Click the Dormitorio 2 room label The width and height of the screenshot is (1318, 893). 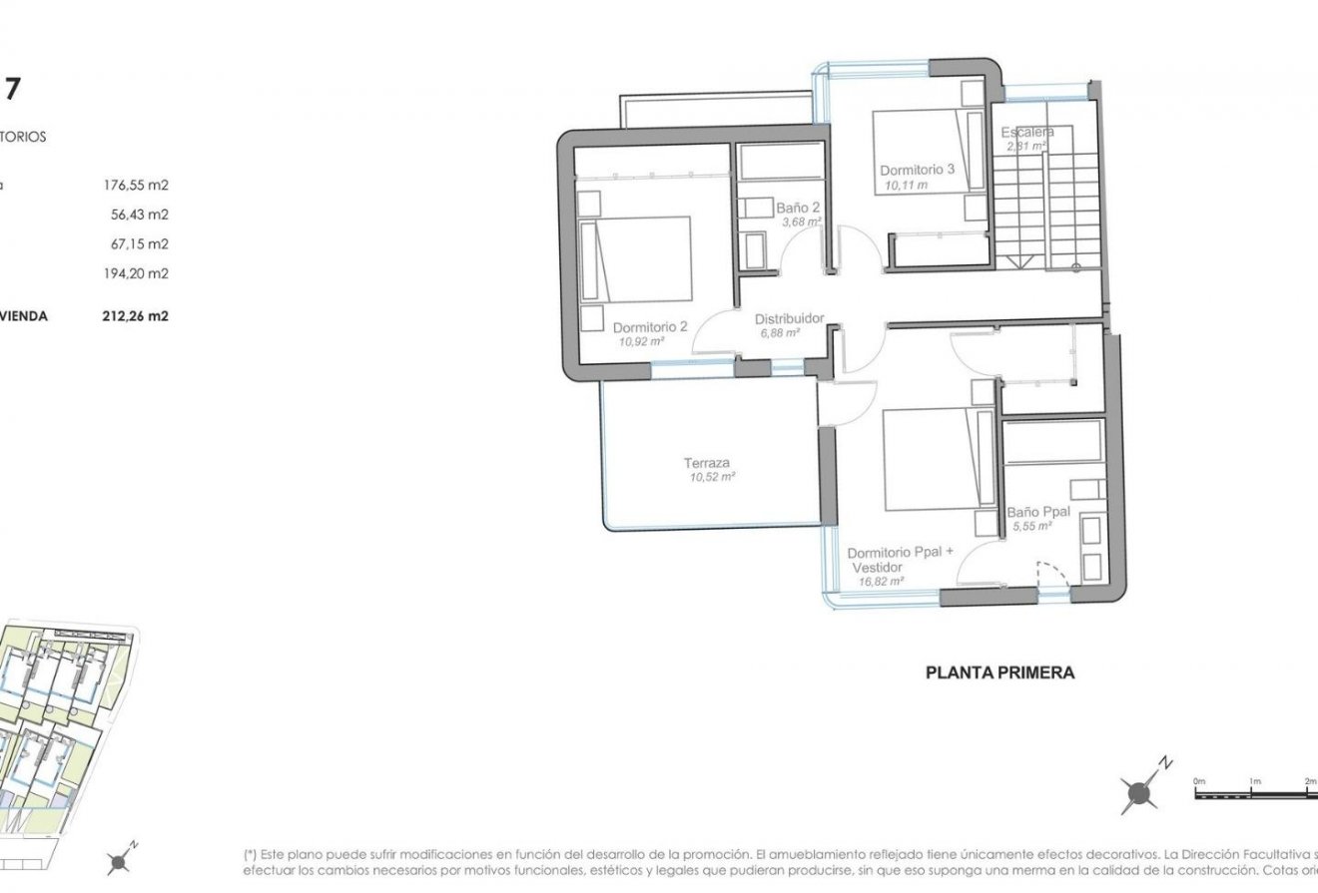click(650, 326)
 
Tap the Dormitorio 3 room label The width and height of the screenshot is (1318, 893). click(918, 169)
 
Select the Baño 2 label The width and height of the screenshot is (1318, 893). click(798, 209)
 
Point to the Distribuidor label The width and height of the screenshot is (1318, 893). click(789, 318)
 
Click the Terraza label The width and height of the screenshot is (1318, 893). click(707, 463)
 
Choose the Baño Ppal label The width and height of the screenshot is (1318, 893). click(1038, 512)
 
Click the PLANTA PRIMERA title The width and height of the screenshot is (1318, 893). click(1000, 672)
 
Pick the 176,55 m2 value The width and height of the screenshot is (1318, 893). click(136, 185)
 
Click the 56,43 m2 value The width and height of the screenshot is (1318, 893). click(140, 214)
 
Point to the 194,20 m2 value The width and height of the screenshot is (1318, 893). click(136, 273)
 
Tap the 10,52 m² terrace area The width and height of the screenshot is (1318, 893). click(711, 477)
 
